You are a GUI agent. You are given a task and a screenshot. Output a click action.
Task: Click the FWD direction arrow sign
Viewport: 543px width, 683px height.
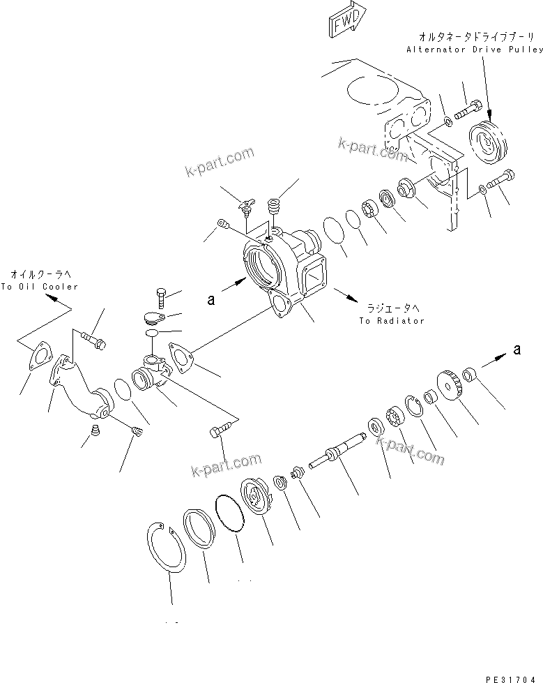coord(344,22)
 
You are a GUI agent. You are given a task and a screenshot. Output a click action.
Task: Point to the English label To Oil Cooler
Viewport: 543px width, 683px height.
coord(40,287)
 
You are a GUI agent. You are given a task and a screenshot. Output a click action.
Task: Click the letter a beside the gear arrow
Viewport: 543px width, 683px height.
coord(516,351)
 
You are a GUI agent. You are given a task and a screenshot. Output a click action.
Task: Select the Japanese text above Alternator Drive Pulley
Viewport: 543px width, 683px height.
coord(477,36)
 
